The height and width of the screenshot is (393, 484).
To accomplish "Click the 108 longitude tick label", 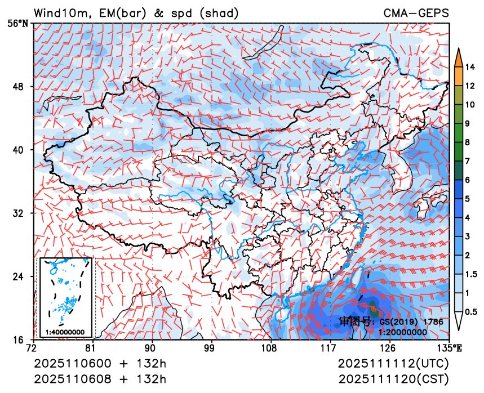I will (270, 347).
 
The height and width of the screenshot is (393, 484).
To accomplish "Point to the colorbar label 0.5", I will (472, 311).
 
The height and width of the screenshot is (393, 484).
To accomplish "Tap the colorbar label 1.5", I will (472, 274).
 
